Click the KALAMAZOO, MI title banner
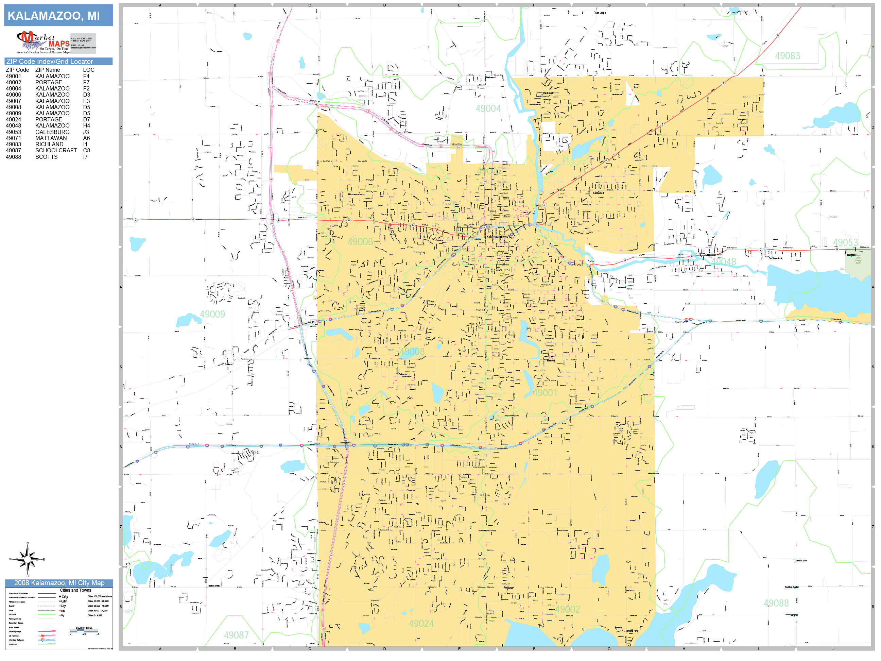58,16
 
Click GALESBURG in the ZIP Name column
52,132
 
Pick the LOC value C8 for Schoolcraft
86,151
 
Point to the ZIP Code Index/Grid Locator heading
49,61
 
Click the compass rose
28,559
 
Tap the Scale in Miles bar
84,631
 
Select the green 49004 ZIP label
488,108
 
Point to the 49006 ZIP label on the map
360,242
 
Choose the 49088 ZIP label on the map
776,603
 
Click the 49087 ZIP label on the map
236,635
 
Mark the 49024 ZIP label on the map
421,624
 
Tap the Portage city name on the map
508,587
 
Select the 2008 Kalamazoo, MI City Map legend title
59,583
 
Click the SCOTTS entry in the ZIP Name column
46,157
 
